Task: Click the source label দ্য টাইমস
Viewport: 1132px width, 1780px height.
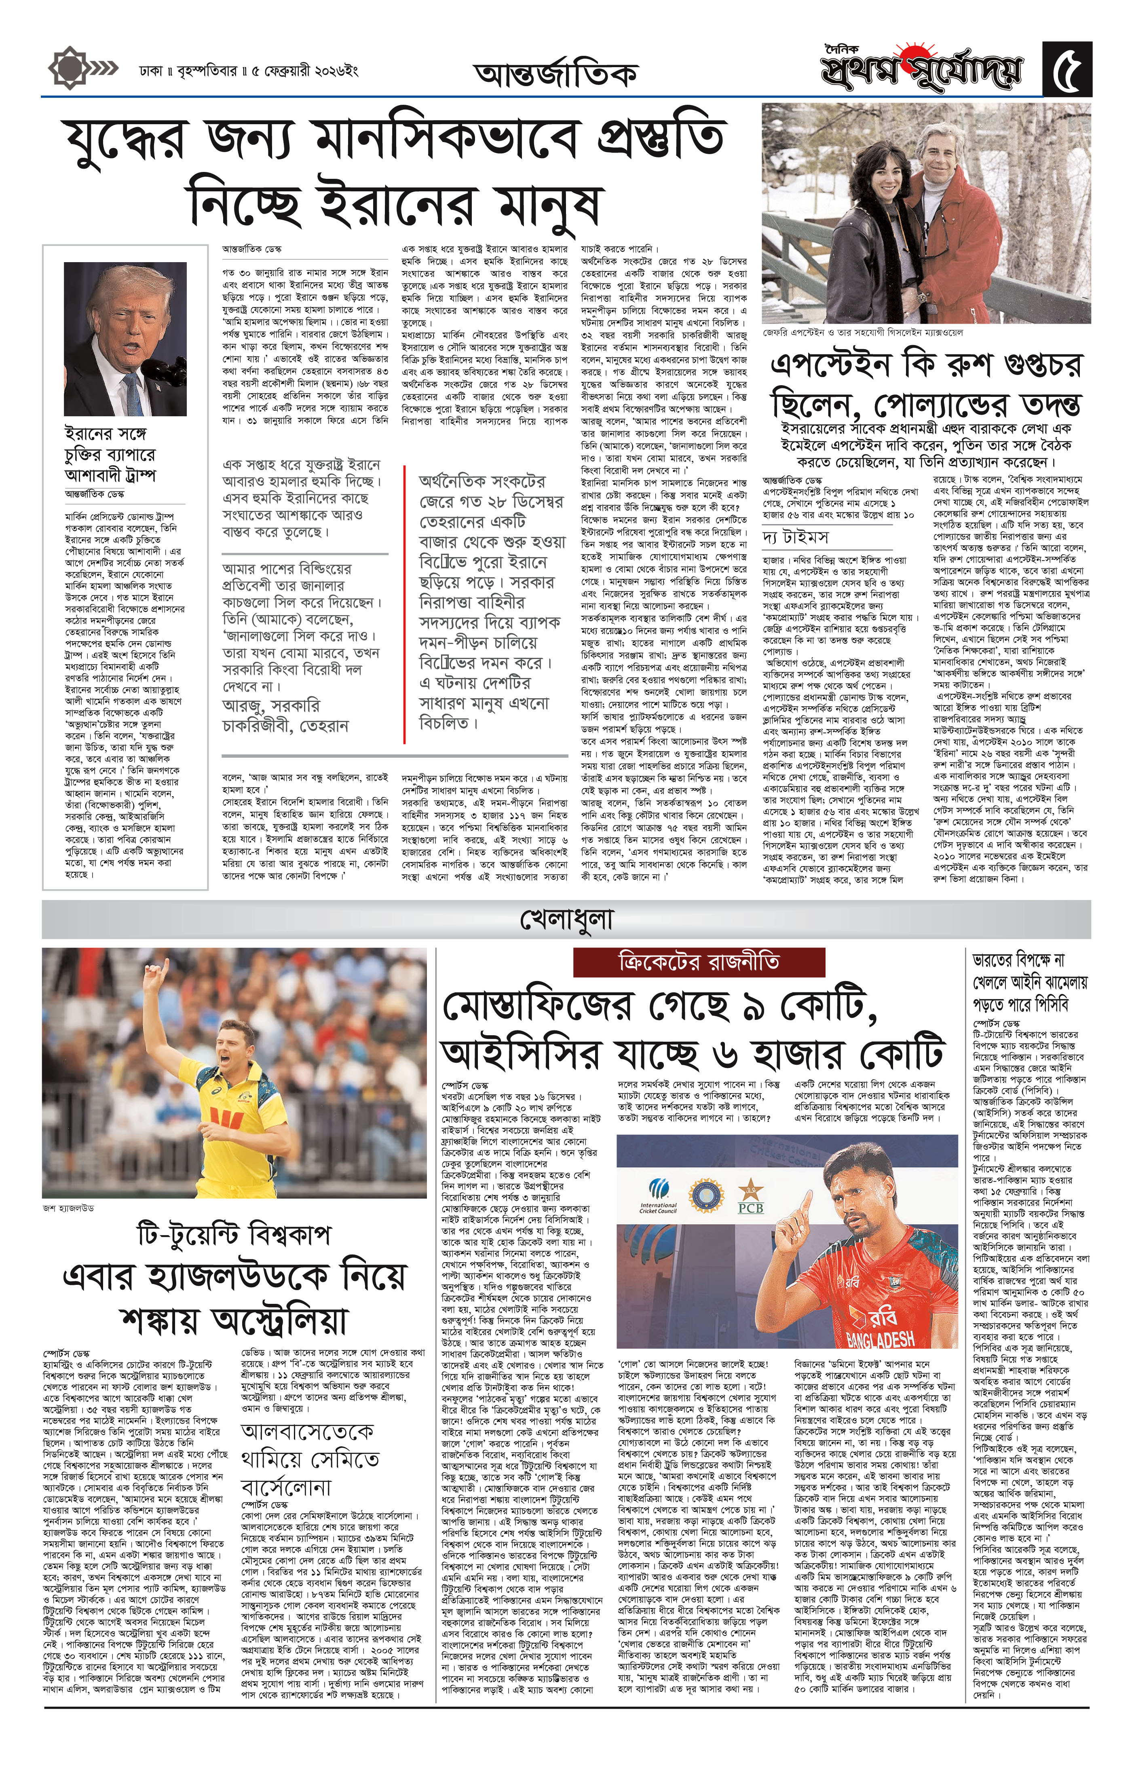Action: click(x=795, y=536)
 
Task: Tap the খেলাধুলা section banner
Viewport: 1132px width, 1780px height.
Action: click(x=566, y=920)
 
